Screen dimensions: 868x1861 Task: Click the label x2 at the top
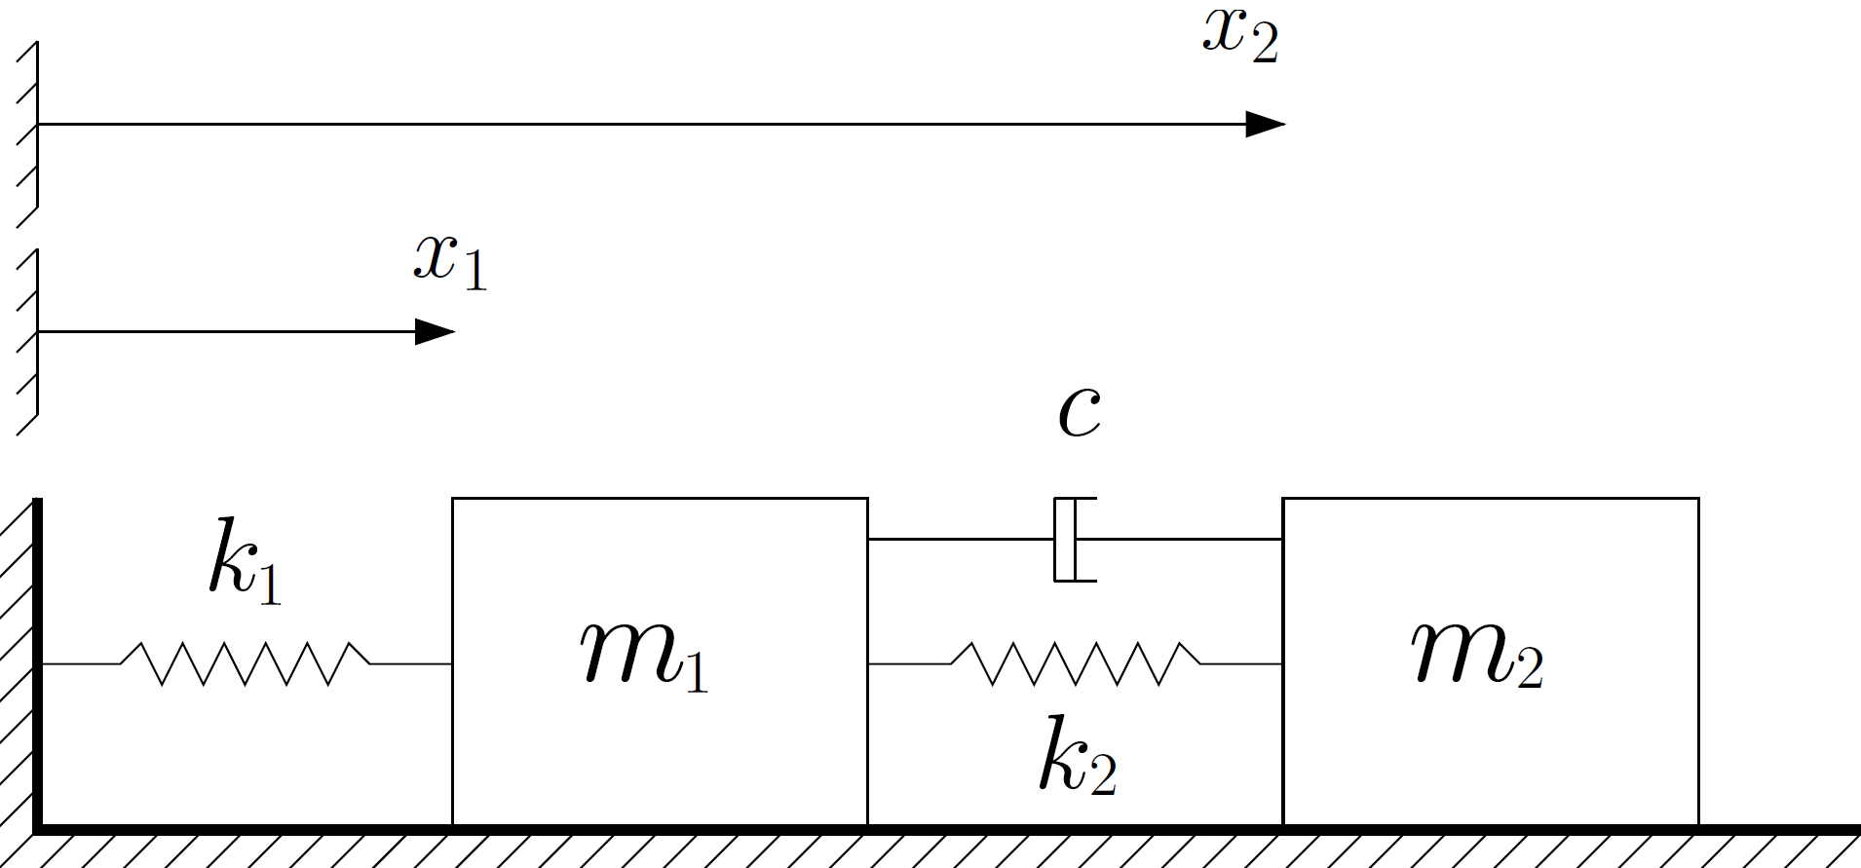1239,36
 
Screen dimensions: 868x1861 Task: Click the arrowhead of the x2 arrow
1266,125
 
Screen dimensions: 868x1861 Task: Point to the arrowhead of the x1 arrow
435,332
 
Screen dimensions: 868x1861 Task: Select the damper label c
1079,411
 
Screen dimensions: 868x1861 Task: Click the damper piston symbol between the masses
1073,540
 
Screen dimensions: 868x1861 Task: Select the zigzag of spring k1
245,663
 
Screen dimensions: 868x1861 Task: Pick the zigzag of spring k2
1076,663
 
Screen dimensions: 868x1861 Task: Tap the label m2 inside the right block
1477,654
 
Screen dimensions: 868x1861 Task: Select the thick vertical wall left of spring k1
37,662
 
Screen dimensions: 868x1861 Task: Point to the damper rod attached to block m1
960,539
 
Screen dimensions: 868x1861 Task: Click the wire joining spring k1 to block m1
410,663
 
